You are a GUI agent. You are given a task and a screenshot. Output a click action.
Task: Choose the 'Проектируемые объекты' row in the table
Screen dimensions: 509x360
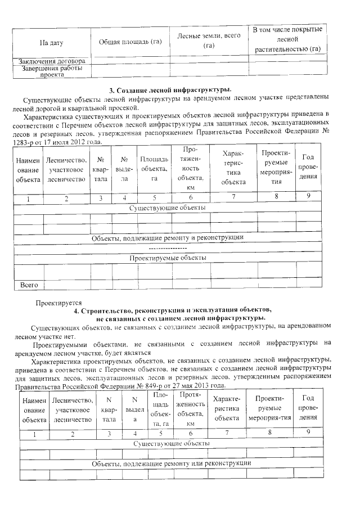167,258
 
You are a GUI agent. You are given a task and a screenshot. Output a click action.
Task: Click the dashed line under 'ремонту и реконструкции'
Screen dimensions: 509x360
167,247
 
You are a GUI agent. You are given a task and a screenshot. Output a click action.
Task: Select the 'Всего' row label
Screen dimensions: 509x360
29,285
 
